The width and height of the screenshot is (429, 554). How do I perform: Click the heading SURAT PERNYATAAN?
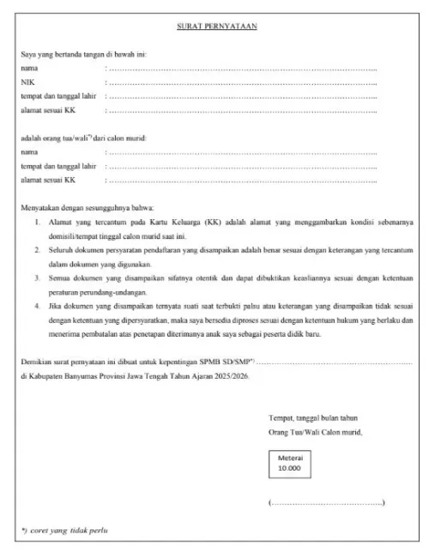tap(223, 27)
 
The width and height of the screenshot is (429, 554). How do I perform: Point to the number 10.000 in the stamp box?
tap(290, 470)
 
